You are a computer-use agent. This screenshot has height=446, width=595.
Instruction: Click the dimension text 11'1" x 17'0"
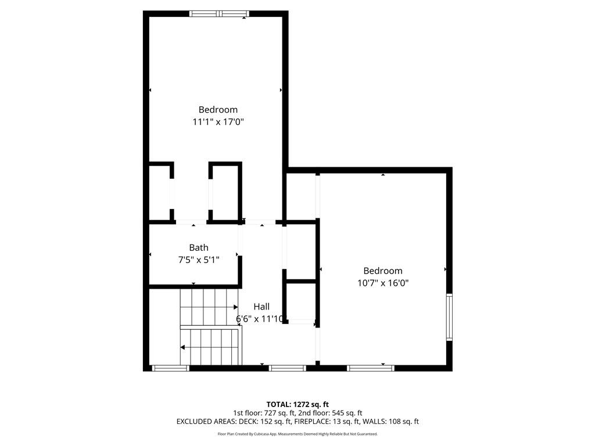point(218,122)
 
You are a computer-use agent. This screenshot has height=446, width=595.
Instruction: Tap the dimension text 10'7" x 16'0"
point(383,283)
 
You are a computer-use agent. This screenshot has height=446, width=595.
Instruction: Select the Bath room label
point(198,247)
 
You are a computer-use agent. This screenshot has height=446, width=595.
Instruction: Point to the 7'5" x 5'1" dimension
point(198,260)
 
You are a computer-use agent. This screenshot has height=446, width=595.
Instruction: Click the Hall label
point(261,307)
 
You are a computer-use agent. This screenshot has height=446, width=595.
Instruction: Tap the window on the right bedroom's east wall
point(449,317)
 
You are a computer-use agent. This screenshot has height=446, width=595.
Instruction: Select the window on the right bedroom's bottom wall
point(370,368)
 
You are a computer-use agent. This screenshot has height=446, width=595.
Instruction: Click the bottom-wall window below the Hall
point(288,368)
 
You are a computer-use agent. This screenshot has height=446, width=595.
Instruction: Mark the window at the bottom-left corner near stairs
point(170,368)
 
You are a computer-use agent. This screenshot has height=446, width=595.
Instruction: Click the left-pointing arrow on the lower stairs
point(183,347)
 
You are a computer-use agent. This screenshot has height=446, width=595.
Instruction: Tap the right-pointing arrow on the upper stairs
point(235,307)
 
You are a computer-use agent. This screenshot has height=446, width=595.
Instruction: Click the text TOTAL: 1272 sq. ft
point(297,404)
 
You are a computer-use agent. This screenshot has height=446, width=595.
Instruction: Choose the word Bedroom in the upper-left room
point(218,109)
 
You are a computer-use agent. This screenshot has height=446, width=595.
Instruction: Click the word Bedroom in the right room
point(383,271)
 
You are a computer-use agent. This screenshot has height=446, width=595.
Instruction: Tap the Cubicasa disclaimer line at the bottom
point(297,434)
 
